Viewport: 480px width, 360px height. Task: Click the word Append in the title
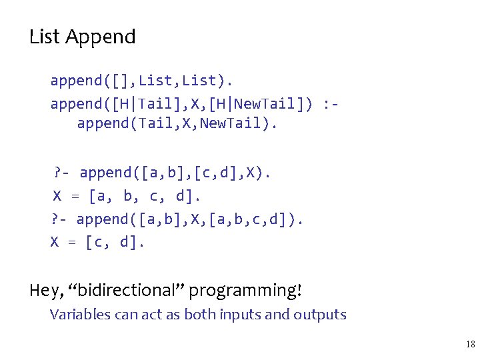(101, 37)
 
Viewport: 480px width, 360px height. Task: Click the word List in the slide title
(45, 37)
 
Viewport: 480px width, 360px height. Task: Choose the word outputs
(319, 315)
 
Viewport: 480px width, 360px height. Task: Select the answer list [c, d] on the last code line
(114, 242)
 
